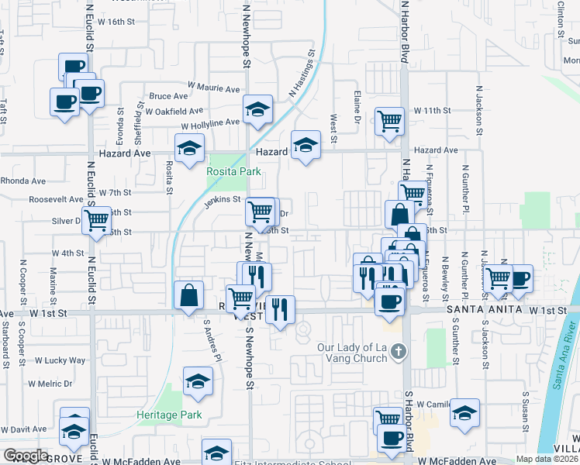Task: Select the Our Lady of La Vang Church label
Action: pos(352,352)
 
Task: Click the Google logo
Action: pos(26,456)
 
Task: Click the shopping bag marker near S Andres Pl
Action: pos(190,294)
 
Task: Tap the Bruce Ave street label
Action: pos(169,97)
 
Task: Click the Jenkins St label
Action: pos(223,200)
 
